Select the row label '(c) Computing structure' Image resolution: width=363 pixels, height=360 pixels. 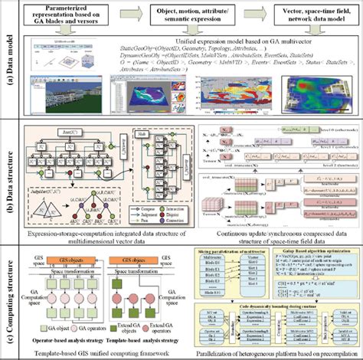[x=9, y=291]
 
